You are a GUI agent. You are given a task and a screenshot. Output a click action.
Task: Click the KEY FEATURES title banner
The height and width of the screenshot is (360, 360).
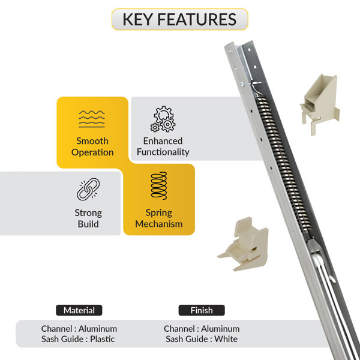tap(180, 19)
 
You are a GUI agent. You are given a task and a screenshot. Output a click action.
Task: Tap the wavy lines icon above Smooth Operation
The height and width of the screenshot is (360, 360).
tap(92, 119)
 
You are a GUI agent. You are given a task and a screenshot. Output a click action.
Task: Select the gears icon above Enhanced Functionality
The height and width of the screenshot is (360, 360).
tap(163, 119)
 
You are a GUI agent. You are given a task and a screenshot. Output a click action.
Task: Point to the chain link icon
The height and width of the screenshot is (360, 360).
tap(88, 189)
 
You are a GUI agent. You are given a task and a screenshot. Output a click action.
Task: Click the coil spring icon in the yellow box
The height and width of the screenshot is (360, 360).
tap(159, 185)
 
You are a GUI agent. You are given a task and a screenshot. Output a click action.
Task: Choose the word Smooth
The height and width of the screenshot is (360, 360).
tap(92, 141)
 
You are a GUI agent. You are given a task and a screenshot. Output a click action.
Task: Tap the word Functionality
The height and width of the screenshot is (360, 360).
tap(163, 152)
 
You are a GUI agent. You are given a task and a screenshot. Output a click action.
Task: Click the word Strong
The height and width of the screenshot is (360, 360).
tap(88, 213)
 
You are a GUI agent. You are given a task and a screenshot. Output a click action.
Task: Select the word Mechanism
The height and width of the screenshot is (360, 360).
tap(159, 224)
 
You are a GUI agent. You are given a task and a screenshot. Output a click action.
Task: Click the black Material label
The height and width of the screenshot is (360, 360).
tap(79, 310)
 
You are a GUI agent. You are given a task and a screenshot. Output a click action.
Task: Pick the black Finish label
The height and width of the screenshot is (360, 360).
tap(202, 310)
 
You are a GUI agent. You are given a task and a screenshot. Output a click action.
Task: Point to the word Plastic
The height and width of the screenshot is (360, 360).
tap(103, 339)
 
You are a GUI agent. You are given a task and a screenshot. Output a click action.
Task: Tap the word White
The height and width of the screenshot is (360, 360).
tap(226, 339)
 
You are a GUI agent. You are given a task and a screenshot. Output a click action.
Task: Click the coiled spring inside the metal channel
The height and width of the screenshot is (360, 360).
tap(284, 164)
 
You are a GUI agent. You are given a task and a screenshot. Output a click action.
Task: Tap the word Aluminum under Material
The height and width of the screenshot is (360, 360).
tap(98, 329)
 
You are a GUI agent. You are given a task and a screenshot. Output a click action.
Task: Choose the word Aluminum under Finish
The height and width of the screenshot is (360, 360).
tap(220, 329)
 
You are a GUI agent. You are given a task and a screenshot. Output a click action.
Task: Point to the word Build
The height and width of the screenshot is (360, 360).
tap(88, 224)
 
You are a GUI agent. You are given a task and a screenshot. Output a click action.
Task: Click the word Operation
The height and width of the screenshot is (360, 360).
tap(92, 152)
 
